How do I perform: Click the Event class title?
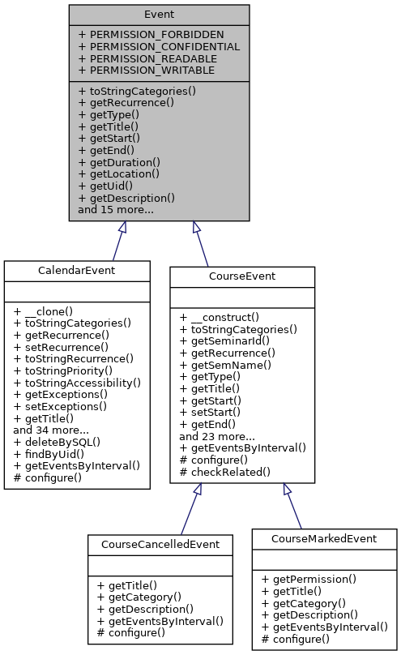tap(159, 15)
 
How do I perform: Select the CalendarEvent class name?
tap(77, 271)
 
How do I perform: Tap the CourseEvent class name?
tap(241, 276)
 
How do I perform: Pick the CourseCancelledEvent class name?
tap(160, 544)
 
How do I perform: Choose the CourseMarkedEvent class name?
tap(324, 538)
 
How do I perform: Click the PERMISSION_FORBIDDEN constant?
tap(151, 35)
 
